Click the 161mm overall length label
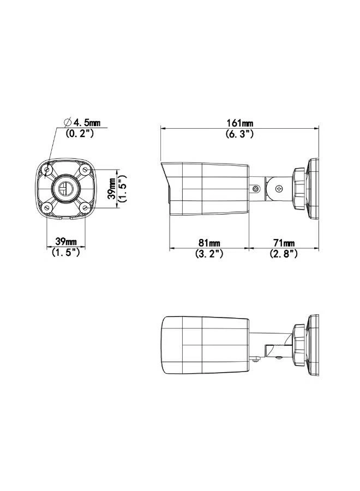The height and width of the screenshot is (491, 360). coord(239,124)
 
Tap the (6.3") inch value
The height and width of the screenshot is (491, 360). coord(239,134)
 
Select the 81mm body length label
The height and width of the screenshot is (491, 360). coord(209,243)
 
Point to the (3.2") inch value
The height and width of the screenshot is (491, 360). coord(209,253)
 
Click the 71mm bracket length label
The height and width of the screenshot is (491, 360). coord(284,243)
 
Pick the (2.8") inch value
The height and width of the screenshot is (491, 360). coord(284,253)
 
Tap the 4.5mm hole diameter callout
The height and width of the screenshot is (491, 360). coord(86,122)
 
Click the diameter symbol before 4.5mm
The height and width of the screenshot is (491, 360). coord(68,122)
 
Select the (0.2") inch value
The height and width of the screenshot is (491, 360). coord(80,133)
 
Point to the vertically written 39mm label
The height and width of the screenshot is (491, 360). coord(112,189)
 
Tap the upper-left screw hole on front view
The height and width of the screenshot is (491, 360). coord(47,170)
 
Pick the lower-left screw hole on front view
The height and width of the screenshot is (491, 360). coord(47,207)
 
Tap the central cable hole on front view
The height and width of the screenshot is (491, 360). coord(65,189)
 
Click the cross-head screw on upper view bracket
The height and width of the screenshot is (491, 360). coord(279,189)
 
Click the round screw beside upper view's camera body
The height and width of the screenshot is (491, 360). coord(255,189)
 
